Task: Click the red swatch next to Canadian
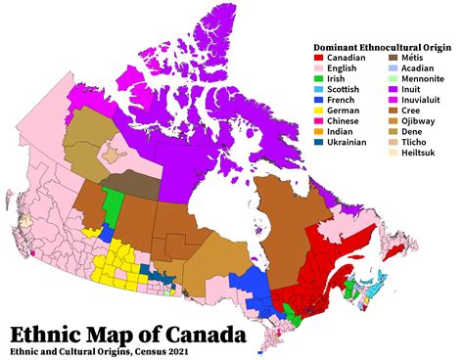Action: pos(318,59)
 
